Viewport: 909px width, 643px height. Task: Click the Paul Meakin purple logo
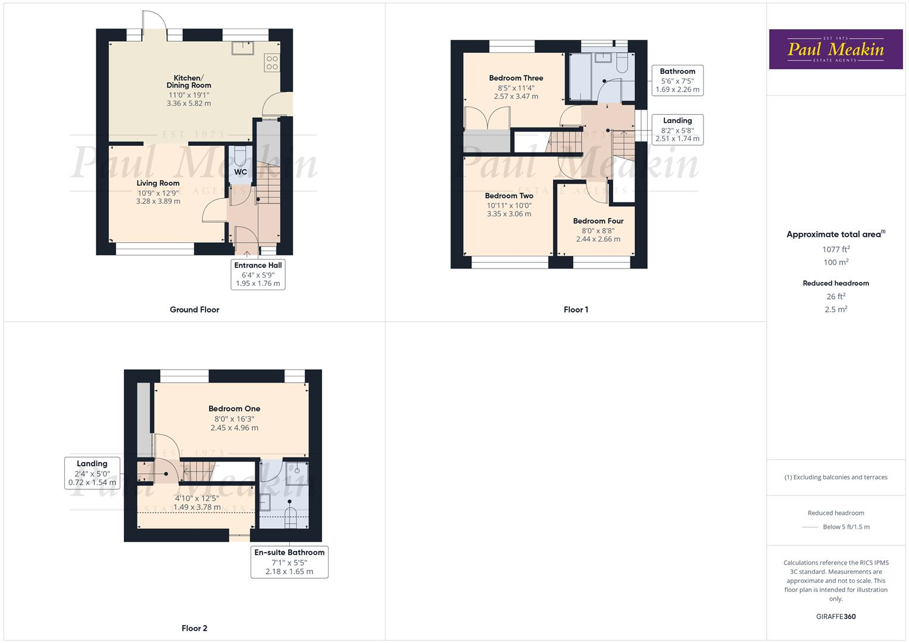[x=835, y=49]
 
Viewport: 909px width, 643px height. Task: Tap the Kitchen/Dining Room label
[x=189, y=82]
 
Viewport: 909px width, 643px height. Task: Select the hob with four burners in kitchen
[x=272, y=63]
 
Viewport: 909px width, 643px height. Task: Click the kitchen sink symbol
[x=243, y=46]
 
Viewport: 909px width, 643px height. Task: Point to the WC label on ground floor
[x=240, y=172]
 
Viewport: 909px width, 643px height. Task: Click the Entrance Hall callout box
[x=258, y=274]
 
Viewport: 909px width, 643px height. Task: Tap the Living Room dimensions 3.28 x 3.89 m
[x=158, y=201]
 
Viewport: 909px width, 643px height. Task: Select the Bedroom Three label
[x=516, y=78]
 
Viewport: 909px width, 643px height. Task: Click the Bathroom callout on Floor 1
[x=677, y=80]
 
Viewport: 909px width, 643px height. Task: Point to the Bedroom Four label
[x=598, y=221]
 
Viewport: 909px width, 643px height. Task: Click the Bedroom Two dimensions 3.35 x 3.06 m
[x=509, y=214]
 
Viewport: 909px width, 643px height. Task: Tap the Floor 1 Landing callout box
[x=677, y=130]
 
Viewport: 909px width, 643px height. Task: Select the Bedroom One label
[x=235, y=408]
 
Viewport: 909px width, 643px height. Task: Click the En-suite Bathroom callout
[x=289, y=561]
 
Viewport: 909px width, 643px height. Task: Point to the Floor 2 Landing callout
[x=92, y=473]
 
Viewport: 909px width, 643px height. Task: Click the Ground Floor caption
[x=195, y=310]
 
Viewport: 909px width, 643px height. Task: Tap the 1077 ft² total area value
[x=836, y=249]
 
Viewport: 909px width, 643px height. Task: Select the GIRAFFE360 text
[x=836, y=616]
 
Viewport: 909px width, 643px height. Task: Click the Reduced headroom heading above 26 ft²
[x=836, y=283]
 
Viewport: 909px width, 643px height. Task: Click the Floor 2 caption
[x=195, y=628]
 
